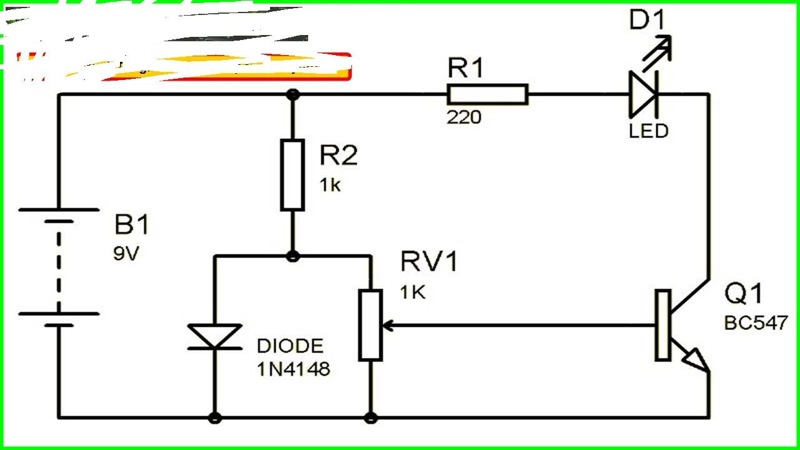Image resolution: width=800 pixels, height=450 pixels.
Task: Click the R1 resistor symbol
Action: (x=487, y=95)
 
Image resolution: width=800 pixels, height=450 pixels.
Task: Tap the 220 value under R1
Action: (x=464, y=117)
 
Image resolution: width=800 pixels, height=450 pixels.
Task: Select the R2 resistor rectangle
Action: (x=292, y=174)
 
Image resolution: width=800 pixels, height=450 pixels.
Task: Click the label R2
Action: (x=338, y=156)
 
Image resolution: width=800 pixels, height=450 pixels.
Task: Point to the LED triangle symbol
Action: (x=642, y=94)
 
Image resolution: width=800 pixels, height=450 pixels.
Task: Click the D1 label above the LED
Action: (x=647, y=21)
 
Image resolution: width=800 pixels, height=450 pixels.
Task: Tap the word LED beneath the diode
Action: (x=649, y=131)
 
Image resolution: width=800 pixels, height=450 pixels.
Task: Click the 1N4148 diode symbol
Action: (x=215, y=336)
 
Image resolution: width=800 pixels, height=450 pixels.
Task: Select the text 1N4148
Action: (x=293, y=369)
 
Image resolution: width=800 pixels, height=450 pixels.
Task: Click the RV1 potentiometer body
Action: (x=371, y=324)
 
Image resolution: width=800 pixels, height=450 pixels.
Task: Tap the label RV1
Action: (x=429, y=262)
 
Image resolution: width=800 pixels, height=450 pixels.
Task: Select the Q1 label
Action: (x=743, y=294)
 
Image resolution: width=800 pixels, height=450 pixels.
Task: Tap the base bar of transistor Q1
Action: (x=662, y=325)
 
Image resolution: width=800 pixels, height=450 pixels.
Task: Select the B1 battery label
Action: (x=132, y=225)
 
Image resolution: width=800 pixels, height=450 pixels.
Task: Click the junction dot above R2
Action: (x=292, y=94)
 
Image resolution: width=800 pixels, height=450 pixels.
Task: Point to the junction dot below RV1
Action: (x=371, y=417)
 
